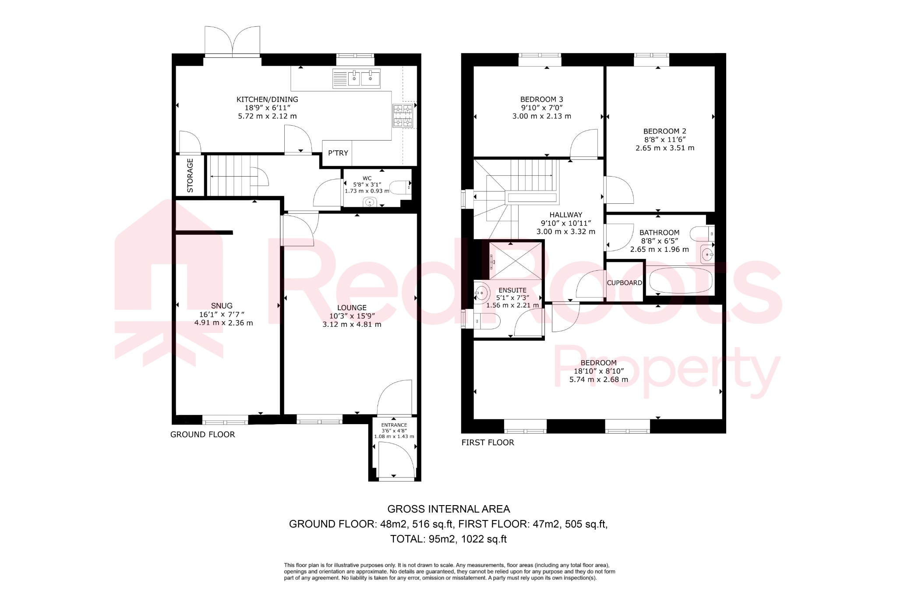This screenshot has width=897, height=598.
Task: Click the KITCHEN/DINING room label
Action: [267, 99]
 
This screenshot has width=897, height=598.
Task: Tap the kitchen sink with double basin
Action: [357, 78]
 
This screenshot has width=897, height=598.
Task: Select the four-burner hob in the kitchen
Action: [403, 116]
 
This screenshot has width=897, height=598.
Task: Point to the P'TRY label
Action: [338, 153]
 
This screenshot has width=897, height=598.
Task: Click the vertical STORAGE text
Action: [190, 175]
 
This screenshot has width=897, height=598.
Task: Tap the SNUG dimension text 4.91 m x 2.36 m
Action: [223, 323]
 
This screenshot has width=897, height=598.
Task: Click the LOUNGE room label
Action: [352, 308]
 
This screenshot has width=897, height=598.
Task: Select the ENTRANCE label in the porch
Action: [394, 425]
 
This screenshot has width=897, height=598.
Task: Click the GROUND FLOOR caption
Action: [202, 435]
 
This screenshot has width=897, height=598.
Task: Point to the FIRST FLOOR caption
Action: [487, 442]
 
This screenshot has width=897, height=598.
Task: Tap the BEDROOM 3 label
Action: [541, 99]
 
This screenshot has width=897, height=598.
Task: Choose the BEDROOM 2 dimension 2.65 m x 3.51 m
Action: [664, 148]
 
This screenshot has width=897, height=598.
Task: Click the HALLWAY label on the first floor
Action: [566, 215]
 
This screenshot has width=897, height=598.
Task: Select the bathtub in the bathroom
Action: [680, 281]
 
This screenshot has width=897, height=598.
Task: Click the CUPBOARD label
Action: [624, 283]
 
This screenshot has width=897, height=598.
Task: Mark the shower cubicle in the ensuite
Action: [516, 261]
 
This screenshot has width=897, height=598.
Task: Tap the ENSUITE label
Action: [512, 290]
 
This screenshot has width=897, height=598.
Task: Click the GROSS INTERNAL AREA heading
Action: [448, 509]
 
